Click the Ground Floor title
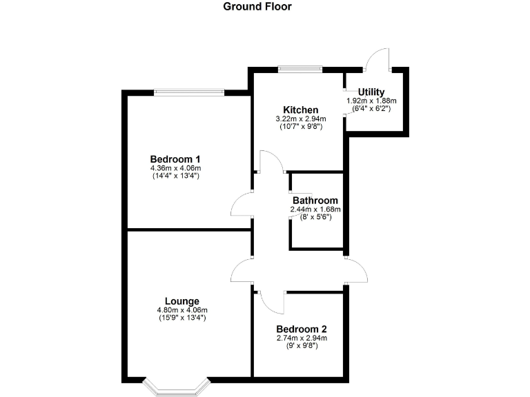click(x=257, y=7)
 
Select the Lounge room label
click(x=182, y=301)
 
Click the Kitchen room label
click(x=300, y=110)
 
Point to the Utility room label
click(x=371, y=92)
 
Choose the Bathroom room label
click(x=315, y=201)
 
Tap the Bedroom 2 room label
click(x=301, y=329)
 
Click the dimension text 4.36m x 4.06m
click(x=175, y=168)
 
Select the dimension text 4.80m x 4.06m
click(x=182, y=310)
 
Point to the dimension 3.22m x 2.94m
click(x=300, y=119)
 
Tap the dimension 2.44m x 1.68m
click(x=315, y=210)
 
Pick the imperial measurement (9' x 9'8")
click(x=301, y=345)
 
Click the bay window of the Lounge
click(x=176, y=387)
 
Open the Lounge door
click(x=242, y=270)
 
